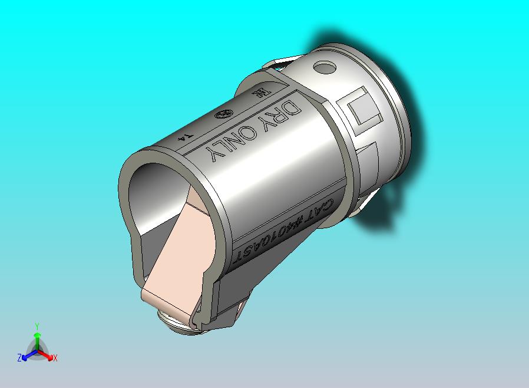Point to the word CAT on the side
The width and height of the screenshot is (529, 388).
click(x=320, y=211)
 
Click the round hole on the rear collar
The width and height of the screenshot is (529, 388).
click(x=323, y=68)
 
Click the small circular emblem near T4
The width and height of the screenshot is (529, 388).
click(x=223, y=115)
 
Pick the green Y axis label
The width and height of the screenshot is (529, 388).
click(x=37, y=326)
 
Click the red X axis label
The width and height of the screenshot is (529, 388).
click(x=55, y=357)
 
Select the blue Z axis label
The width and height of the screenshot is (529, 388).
click(x=19, y=357)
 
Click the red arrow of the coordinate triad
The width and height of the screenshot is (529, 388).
click(x=47, y=355)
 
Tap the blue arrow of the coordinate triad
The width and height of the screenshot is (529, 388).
click(x=27, y=355)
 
